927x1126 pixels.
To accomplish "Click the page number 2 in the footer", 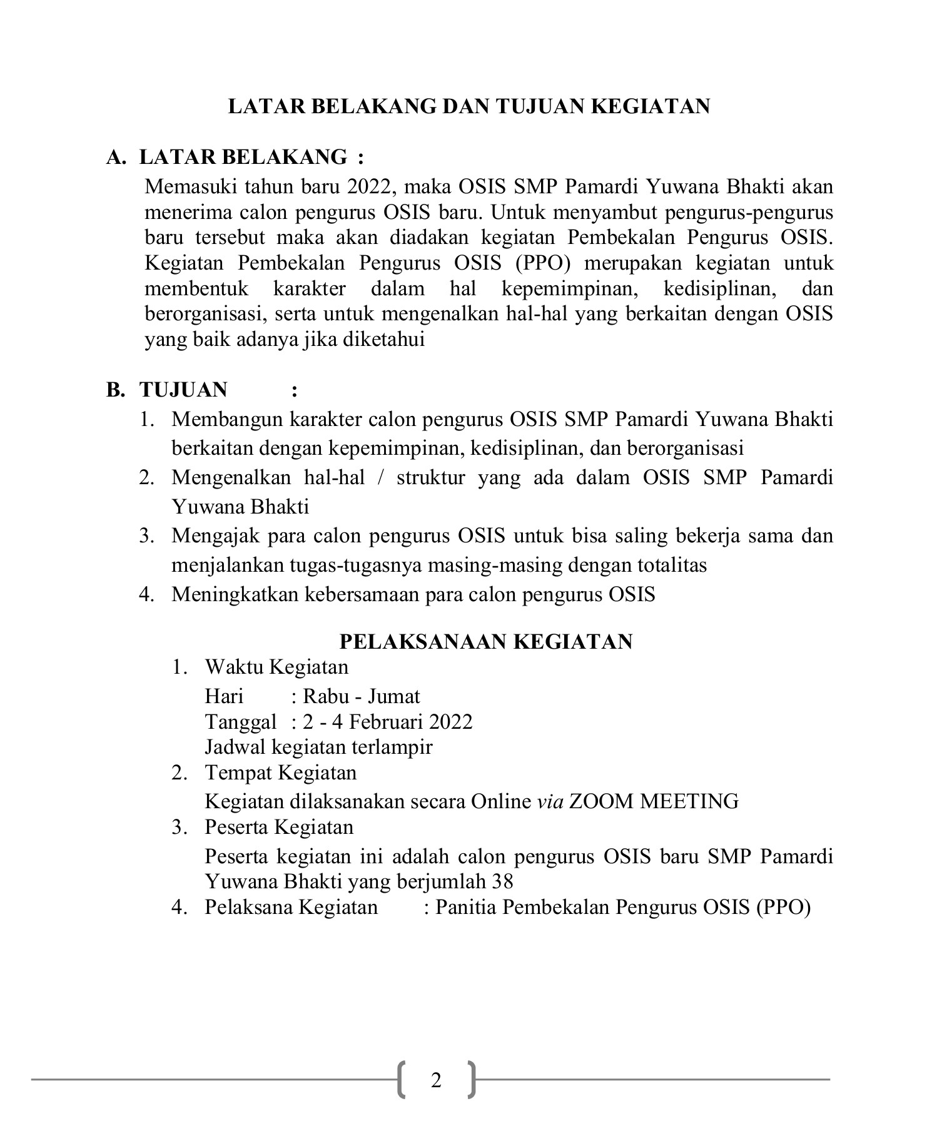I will (436, 1080).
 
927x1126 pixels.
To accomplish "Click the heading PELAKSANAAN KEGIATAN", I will (486, 641).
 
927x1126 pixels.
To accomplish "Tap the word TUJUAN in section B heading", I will (183, 390).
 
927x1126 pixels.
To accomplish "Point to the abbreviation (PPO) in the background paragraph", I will (543, 263).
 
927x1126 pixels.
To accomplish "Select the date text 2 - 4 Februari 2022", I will (388, 722).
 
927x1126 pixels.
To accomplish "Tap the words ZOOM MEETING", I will (654, 801).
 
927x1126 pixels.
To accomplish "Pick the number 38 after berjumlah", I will (503, 881).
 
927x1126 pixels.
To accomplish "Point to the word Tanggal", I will (241, 722).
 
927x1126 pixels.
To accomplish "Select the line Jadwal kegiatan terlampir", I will (319, 747).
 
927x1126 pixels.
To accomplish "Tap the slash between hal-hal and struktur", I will (381, 478).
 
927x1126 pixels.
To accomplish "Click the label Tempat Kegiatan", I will (281, 773).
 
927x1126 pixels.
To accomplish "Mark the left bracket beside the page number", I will (401, 1080).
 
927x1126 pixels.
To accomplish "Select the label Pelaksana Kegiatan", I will (291, 907).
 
